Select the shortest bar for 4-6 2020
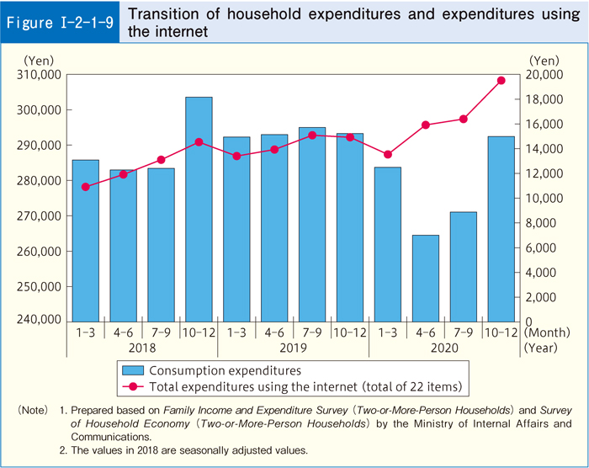click(x=425, y=278)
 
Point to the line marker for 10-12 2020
click(x=501, y=81)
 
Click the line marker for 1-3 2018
click(x=86, y=187)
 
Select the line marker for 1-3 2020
click(x=387, y=155)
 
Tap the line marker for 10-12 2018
click(x=199, y=142)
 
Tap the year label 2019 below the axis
click(x=293, y=346)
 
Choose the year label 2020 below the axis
click(x=443, y=346)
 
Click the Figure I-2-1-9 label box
click(x=60, y=23)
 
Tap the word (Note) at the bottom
click(x=33, y=410)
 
